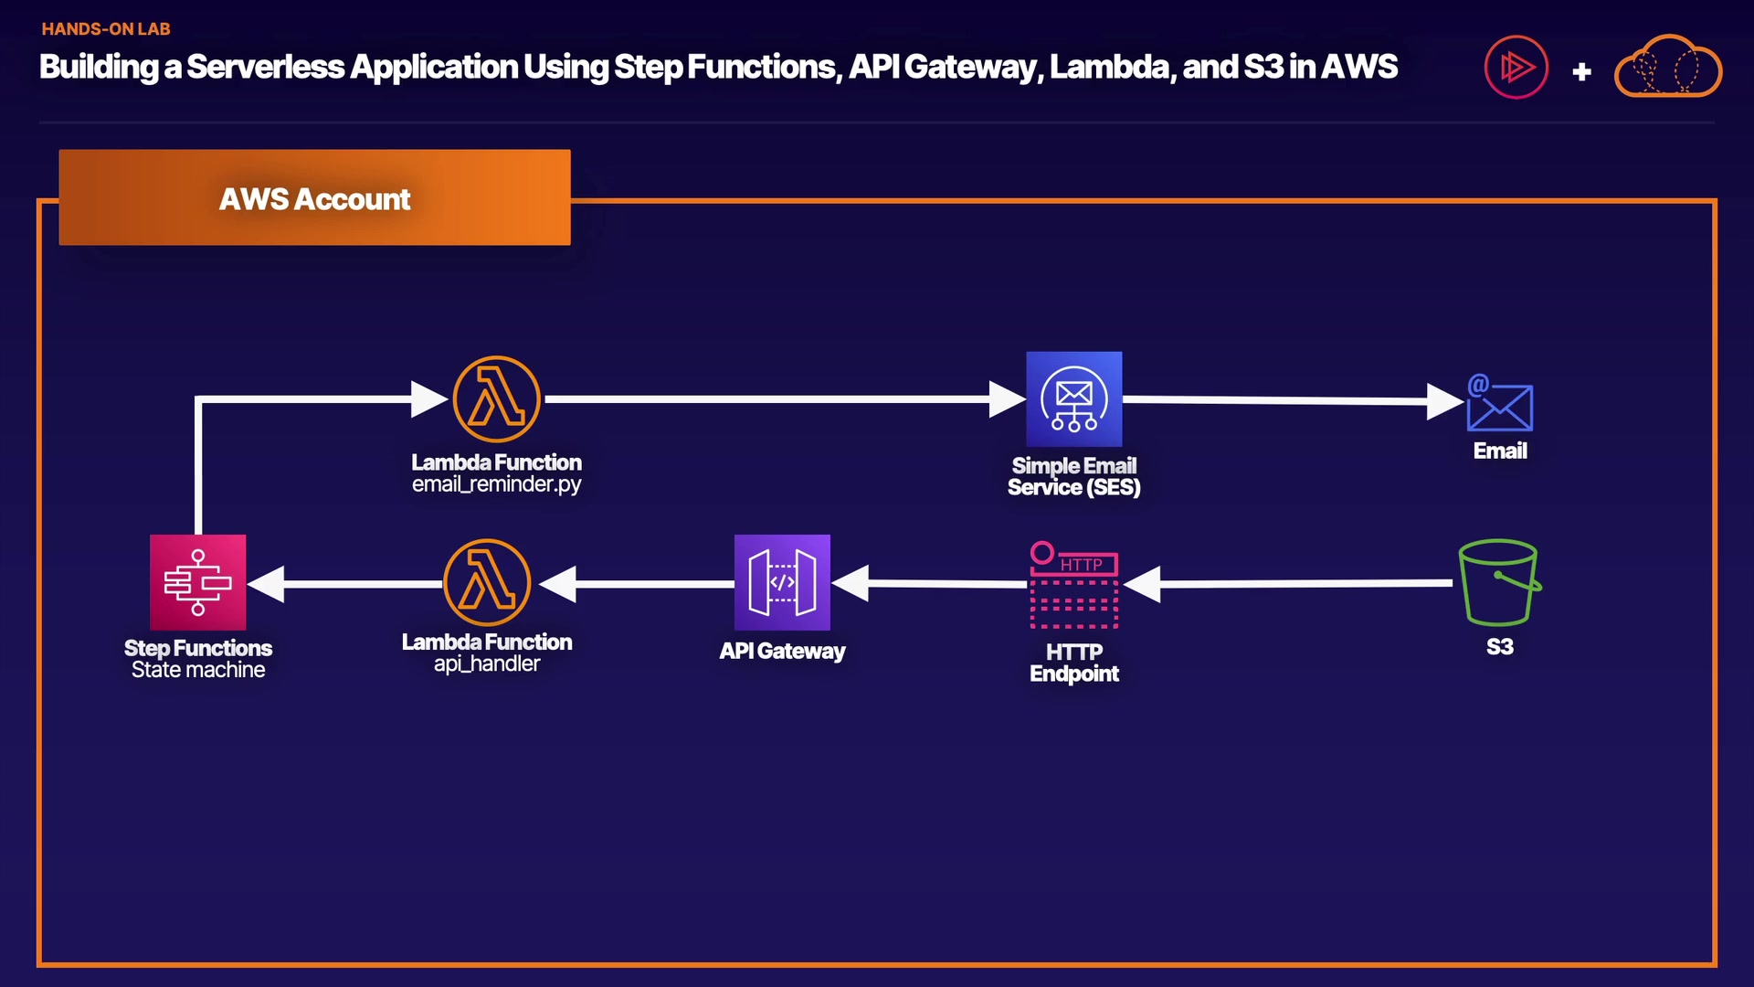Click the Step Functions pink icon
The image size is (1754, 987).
[197, 582]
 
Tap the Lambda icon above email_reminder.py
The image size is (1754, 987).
[496, 399]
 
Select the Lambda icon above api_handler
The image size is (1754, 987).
[487, 582]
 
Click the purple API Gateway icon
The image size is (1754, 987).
[782, 582]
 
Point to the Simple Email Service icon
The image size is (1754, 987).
[1074, 399]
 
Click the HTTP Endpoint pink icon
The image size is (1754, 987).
[1074, 586]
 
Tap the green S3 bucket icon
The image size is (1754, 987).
[1499, 582]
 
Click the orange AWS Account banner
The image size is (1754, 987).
[314, 197]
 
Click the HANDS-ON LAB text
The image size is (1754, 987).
[106, 29]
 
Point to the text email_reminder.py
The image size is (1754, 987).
[496, 484]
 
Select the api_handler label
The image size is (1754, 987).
[487, 664]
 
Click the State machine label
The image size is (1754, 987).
[198, 670]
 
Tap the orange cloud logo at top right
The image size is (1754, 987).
[1668, 67]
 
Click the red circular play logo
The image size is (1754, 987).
[1516, 67]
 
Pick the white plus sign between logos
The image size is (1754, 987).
[1582, 71]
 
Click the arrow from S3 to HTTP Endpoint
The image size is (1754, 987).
[1288, 583]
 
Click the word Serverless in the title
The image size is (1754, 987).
[266, 67]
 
